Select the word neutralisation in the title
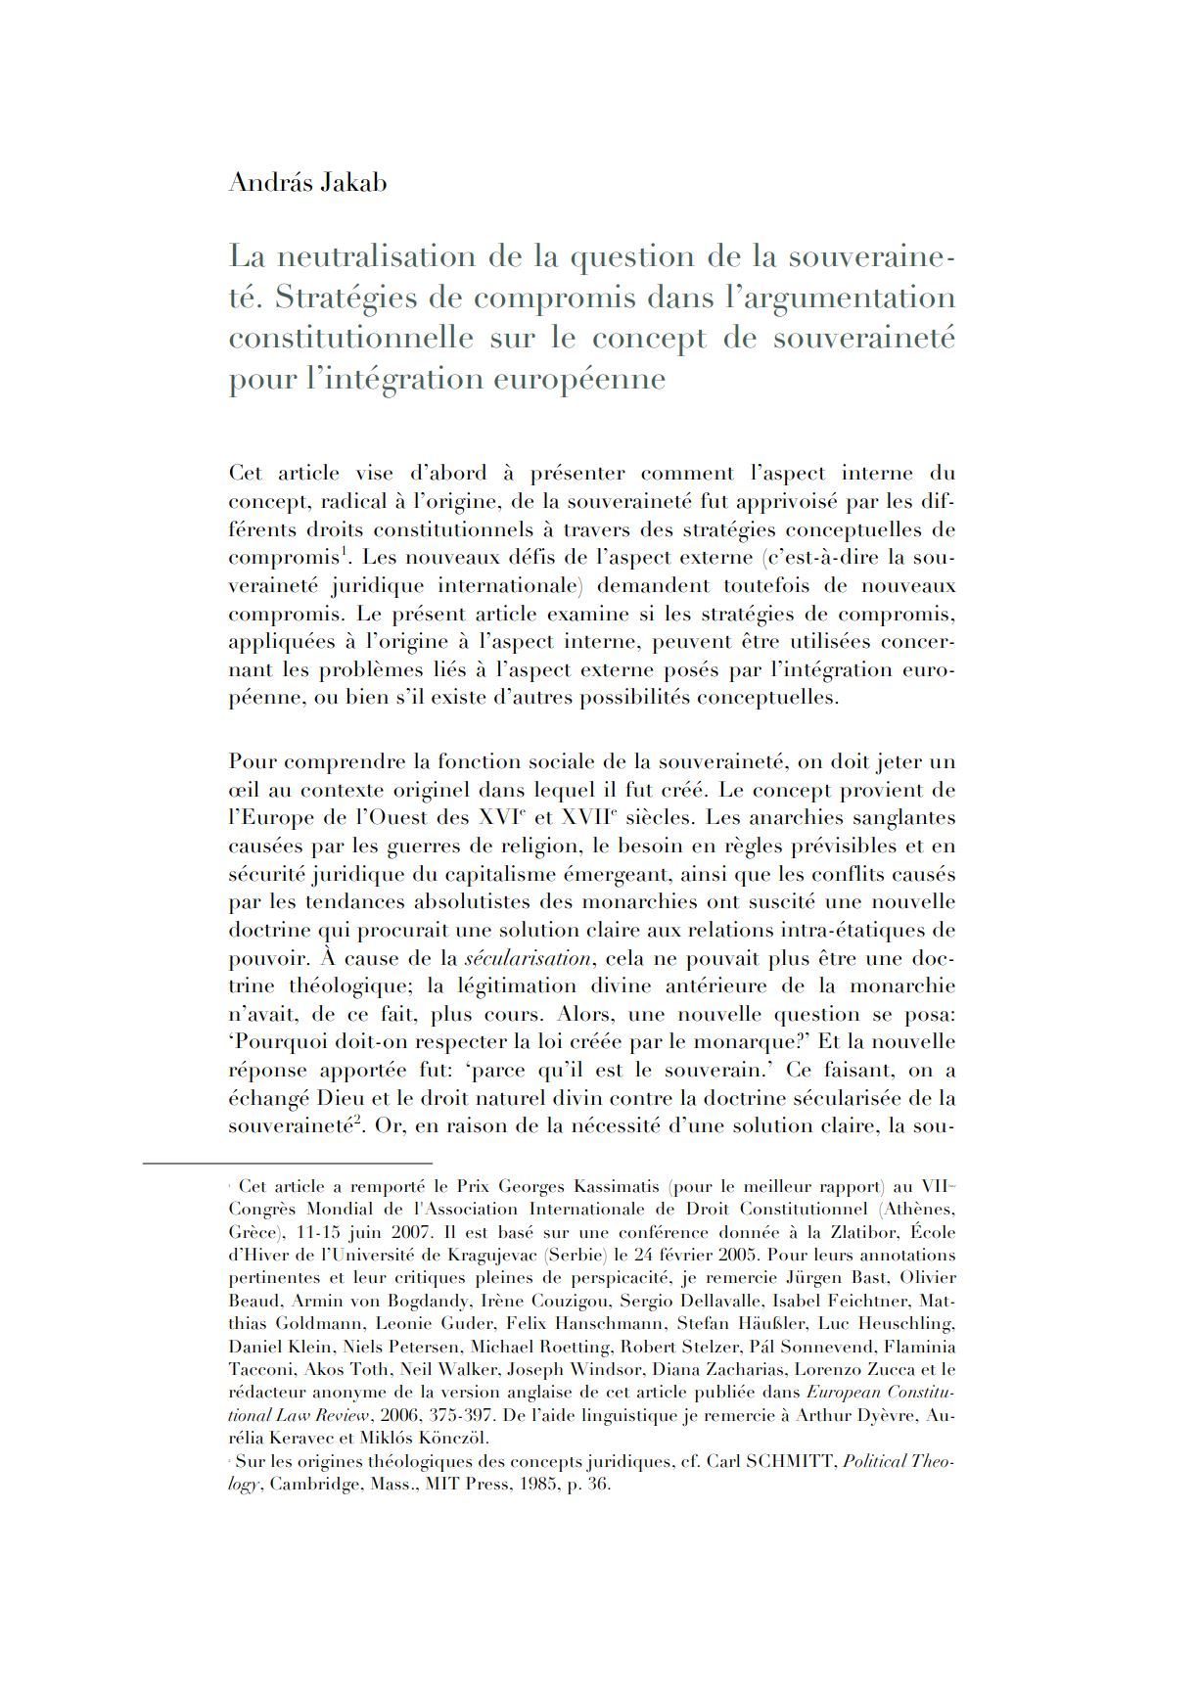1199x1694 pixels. point(381,256)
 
